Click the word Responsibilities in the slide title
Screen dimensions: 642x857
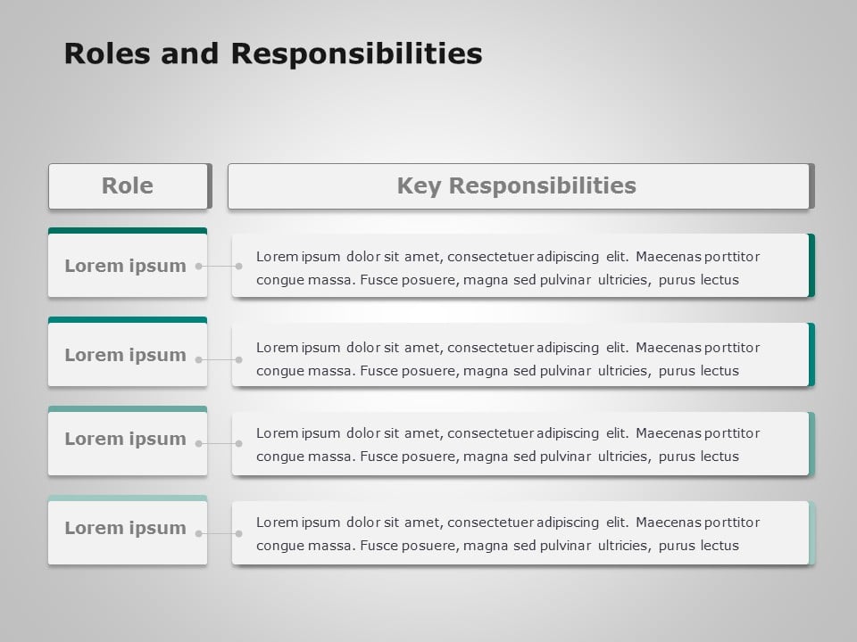[357, 54]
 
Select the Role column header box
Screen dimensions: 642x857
[128, 185]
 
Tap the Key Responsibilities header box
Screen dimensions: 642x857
[517, 185]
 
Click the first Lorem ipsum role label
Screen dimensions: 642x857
[125, 266]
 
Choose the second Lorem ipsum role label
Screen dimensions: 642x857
[125, 355]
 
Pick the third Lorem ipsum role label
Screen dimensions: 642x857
[125, 439]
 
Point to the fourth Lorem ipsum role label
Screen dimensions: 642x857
[125, 528]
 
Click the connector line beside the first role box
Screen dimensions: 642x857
[219, 266]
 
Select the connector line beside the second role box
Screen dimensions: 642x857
[219, 359]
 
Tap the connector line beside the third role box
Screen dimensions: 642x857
[219, 443]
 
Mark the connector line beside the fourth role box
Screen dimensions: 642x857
[219, 533]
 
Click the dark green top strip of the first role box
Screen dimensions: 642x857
[128, 231]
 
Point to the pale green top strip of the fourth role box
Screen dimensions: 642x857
[128, 498]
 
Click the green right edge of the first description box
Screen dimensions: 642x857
[811, 265]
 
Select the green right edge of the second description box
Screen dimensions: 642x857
[811, 354]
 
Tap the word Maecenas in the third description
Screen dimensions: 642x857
[669, 433]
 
